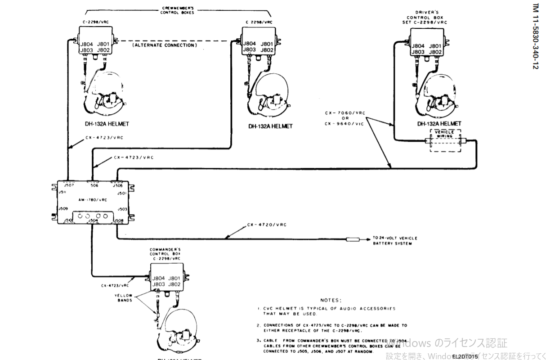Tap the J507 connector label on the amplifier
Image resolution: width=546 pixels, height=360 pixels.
[68, 185]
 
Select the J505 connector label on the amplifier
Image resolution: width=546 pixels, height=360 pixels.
[117, 185]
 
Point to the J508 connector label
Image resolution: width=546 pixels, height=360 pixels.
[118, 220]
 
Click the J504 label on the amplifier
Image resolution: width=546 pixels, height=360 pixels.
[93, 220]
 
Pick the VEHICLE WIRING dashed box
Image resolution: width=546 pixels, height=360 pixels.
[445, 141]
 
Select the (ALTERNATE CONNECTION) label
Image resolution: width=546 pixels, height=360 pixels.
[165, 45]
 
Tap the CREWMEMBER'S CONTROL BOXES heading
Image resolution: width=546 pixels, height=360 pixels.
[177, 10]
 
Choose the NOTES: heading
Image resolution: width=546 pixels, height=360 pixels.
[331, 300]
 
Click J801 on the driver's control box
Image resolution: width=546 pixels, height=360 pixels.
[435, 46]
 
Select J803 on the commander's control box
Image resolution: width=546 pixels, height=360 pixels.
[159, 284]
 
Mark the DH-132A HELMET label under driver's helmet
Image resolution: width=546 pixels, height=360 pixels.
[439, 124]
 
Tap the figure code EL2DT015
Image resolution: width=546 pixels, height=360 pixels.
[464, 356]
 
